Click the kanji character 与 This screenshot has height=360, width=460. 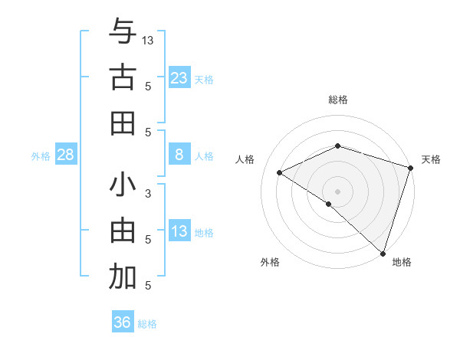pos(123,31)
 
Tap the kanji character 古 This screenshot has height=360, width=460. pos(123,77)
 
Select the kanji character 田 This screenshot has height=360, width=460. pos(123,123)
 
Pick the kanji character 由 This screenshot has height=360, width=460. pos(123,231)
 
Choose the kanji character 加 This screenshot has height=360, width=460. pos(123,277)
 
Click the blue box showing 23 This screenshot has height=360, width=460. pos(179,77)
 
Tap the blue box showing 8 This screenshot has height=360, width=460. pos(179,155)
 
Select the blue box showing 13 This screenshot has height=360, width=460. pos(179,231)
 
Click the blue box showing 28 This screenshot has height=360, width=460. pos(66,155)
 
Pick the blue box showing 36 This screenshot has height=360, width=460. pos(123,322)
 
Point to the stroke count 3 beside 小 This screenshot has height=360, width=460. pos(149,194)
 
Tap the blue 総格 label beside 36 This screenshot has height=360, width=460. pos(147,324)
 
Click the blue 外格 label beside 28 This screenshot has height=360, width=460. pos(41,156)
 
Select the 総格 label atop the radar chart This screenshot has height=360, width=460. pos(338,100)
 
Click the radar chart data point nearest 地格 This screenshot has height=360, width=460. pos(382,252)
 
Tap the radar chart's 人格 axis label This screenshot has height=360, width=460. pos(245,159)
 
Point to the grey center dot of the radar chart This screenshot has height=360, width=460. pos(337,191)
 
